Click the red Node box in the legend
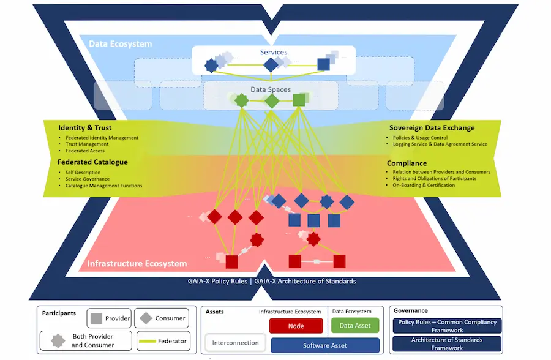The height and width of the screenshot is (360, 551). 296,326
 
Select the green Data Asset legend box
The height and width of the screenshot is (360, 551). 354,326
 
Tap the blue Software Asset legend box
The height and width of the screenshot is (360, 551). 324,345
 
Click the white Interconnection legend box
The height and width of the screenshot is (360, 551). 235,343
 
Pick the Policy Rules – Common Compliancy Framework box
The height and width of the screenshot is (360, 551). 447,326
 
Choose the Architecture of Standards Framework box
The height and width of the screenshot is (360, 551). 447,343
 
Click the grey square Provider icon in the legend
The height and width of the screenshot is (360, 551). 96,318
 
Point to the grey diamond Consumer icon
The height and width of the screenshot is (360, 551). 146,318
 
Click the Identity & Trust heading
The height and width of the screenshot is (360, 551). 85,128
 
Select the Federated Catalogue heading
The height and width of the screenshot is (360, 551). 92,162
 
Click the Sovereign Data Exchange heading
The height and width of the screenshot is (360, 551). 432,128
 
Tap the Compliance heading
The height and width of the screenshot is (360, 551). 407,163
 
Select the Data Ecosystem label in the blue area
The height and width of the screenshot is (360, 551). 120,44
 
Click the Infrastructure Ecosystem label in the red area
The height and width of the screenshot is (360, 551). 137,264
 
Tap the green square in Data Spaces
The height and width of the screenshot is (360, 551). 299,100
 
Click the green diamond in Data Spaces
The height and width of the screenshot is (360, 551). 272,100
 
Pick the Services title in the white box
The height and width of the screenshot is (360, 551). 273,53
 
